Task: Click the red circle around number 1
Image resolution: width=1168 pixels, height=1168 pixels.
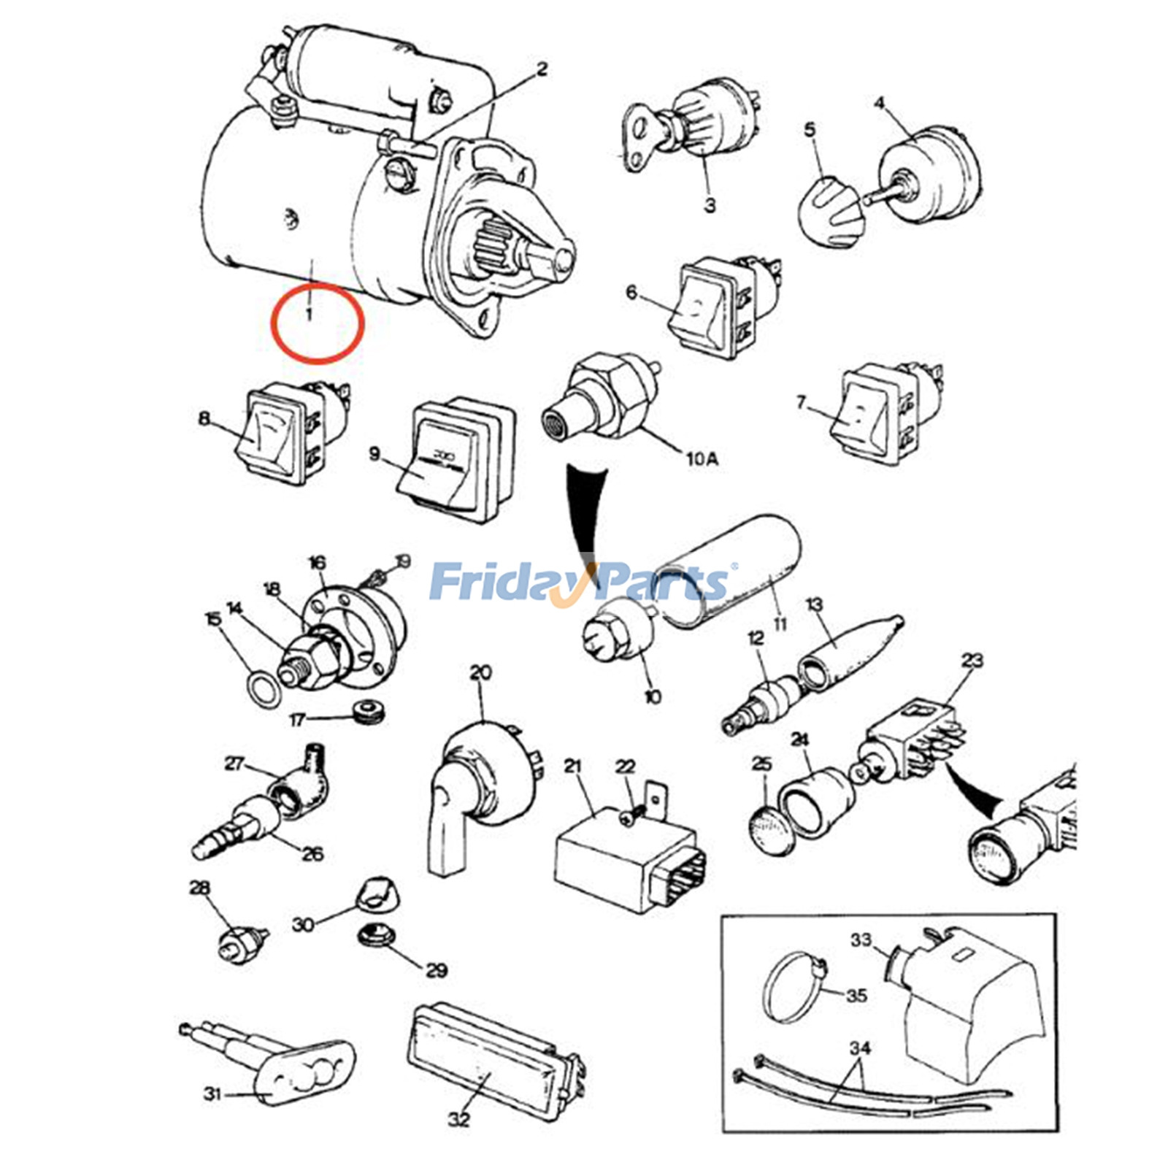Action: pos(317,322)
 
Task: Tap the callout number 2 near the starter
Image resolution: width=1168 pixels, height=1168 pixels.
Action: pos(541,69)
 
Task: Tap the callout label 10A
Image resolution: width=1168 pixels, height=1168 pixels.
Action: pos(702,459)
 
